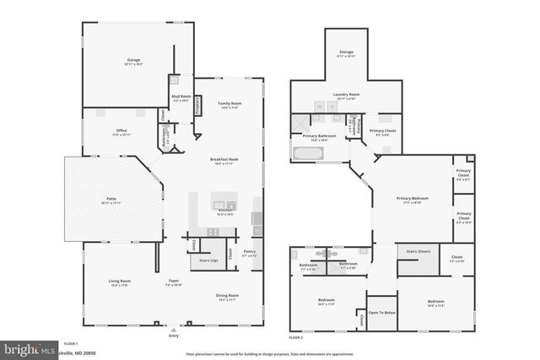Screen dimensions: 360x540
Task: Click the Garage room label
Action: tap(134, 60)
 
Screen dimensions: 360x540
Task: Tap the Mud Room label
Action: tap(182, 97)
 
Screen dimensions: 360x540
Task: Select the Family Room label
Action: tap(230, 104)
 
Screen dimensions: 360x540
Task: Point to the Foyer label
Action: tap(173, 281)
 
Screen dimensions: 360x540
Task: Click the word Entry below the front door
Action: tap(174, 336)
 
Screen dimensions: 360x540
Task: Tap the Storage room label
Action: tap(346, 52)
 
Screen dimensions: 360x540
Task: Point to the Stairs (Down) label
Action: tap(418, 251)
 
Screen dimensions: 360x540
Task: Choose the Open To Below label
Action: tap(381, 312)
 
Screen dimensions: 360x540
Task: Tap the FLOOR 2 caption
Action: tap(295, 337)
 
